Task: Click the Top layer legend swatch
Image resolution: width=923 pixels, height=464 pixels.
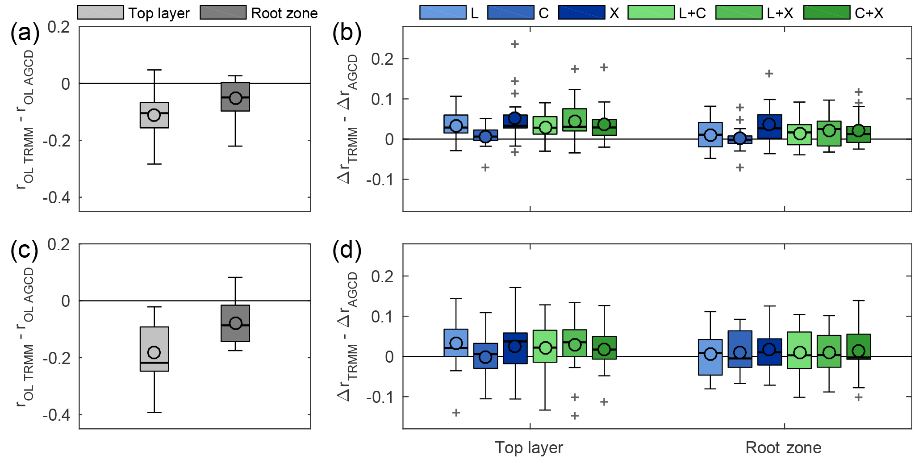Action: [100, 13]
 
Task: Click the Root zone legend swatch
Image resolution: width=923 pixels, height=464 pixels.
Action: [223, 13]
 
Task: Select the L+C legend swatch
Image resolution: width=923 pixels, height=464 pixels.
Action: [651, 13]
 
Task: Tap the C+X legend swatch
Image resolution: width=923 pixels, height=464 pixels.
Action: [827, 13]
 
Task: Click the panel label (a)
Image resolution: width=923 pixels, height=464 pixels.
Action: [25, 33]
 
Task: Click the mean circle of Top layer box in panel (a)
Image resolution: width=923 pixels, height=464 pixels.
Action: [154, 115]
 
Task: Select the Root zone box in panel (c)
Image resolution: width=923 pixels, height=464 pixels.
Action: [235, 323]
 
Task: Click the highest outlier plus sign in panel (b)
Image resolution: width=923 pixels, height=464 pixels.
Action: [515, 44]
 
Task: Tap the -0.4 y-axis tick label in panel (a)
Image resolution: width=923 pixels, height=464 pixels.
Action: [56, 197]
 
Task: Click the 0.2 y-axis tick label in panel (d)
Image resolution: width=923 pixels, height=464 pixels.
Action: [383, 276]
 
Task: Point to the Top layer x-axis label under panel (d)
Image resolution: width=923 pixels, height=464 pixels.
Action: [529, 447]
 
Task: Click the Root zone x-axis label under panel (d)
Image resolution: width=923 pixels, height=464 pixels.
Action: [783, 447]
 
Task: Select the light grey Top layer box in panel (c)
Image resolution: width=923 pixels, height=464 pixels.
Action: [154, 349]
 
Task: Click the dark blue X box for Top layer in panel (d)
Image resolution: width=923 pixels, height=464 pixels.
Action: [515, 348]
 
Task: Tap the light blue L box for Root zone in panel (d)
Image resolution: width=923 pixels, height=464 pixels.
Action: [710, 357]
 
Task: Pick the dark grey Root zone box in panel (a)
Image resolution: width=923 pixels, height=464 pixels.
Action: [235, 97]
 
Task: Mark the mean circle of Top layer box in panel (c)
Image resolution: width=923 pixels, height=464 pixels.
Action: [154, 352]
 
